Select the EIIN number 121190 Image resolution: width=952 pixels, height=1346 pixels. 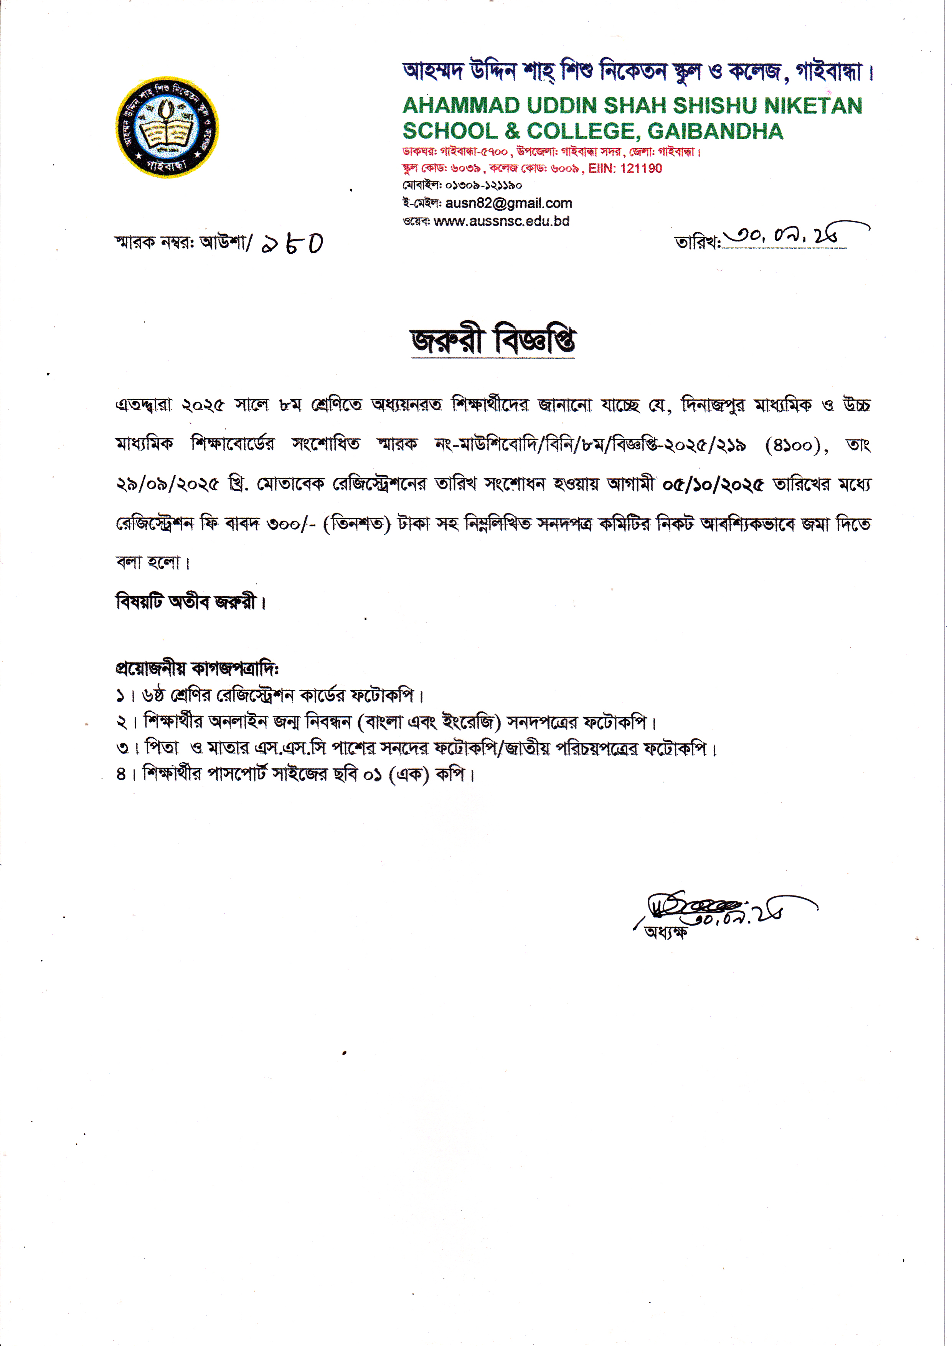[640, 169]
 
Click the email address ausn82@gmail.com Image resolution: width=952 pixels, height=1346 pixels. [508, 203]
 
